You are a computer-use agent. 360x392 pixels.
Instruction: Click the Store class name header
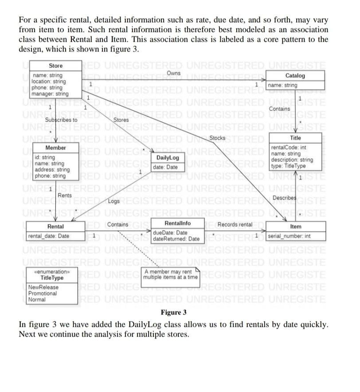point(55,66)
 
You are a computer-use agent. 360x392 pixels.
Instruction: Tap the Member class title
point(56,148)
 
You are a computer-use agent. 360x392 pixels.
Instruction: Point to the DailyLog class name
point(168,158)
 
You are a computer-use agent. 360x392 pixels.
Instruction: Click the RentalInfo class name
point(177,223)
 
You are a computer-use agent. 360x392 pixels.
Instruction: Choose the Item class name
point(296,227)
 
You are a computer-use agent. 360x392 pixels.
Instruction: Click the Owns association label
point(174,73)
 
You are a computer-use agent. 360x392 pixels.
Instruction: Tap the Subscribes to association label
point(61,120)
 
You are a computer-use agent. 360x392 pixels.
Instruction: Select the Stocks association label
point(218,138)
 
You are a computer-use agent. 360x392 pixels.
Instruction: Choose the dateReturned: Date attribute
point(176,239)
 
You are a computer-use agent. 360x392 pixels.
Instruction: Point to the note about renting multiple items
point(170,274)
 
